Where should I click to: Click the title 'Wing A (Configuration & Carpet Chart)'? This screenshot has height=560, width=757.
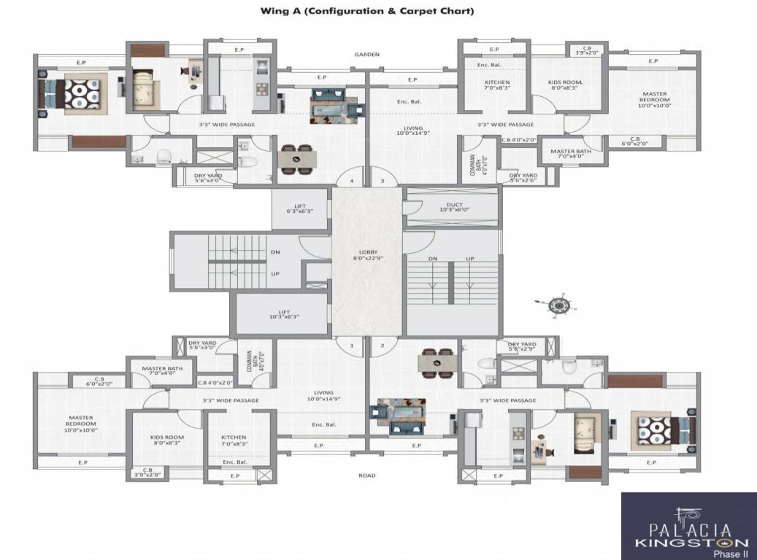pos(368,11)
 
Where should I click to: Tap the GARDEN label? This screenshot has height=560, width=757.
pos(367,55)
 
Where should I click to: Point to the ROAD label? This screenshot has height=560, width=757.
pos(367,475)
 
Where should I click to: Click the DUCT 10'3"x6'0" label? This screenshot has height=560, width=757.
pos(453,207)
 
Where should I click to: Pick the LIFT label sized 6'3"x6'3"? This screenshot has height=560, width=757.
pos(299,209)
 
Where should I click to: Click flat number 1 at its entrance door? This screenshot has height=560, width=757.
pos(351,346)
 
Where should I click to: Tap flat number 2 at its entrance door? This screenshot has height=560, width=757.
pos(382,346)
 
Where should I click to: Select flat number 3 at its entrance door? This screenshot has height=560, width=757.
pos(382,180)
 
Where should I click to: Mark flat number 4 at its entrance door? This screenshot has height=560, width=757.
pos(352,180)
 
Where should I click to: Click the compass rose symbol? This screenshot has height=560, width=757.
pos(561,305)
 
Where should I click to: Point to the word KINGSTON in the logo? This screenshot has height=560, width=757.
pos(690,542)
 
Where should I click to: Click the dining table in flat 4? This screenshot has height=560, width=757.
pos(296,160)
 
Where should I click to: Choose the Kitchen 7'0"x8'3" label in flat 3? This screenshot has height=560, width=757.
pos(497,85)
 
